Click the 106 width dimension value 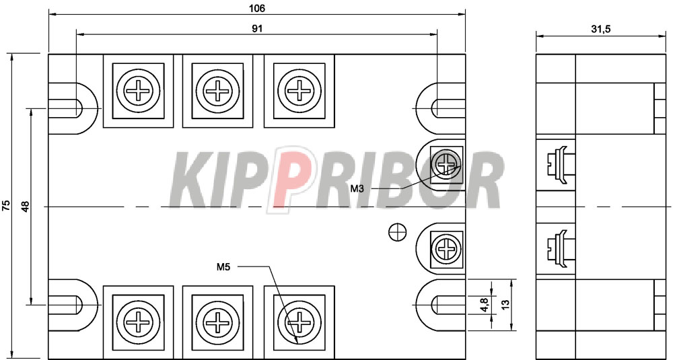257,7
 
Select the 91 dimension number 257,28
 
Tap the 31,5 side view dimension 601,29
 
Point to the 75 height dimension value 6,205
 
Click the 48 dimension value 26,207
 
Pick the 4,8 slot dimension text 484,304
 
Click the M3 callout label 358,188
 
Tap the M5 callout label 223,267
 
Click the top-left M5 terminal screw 138,91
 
